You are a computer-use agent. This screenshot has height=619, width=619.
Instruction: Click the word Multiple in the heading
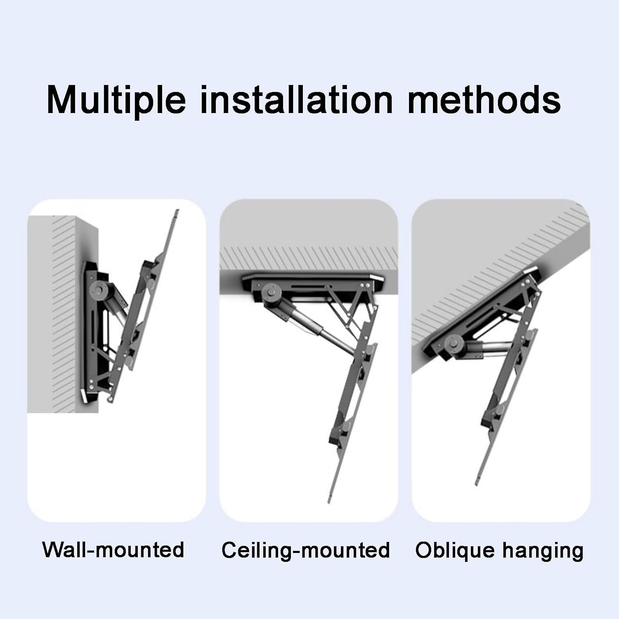[x=116, y=100]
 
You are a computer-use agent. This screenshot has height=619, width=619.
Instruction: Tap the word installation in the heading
[x=296, y=100]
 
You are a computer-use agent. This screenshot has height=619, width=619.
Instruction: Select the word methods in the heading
[x=484, y=100]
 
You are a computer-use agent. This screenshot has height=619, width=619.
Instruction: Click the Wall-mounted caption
[x=113, y=550]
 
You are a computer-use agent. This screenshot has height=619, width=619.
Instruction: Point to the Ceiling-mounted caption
[x=306, y=550]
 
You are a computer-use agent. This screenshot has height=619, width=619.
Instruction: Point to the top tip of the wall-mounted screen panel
[x=177, y=212]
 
